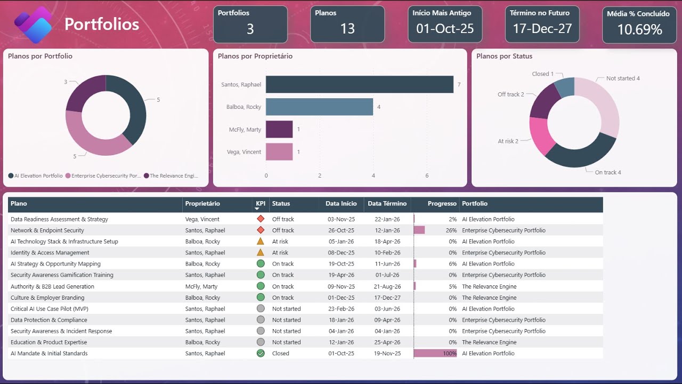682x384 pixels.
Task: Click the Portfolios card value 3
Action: point(250,29)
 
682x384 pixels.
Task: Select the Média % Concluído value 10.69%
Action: point(639,30)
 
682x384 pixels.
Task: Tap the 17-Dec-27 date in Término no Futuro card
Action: point(542,29)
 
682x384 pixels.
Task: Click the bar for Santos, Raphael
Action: point(360,84)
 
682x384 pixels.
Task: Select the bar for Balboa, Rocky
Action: point(319,107)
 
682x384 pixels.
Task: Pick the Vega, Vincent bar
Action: point(279,151)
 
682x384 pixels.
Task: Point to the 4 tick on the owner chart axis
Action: point(373,175)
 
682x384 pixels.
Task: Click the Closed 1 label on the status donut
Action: point(542,74)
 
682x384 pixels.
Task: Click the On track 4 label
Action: point(607,172)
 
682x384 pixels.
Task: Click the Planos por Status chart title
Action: point(504,56)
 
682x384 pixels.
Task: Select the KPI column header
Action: point(260,203)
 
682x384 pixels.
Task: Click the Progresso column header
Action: point(442,203)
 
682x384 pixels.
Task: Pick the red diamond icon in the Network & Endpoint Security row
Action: point(261,230)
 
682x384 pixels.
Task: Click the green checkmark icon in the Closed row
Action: point(261,353)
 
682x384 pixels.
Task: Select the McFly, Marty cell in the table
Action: point(201,286)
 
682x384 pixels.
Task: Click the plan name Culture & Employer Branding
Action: point(47,298)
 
